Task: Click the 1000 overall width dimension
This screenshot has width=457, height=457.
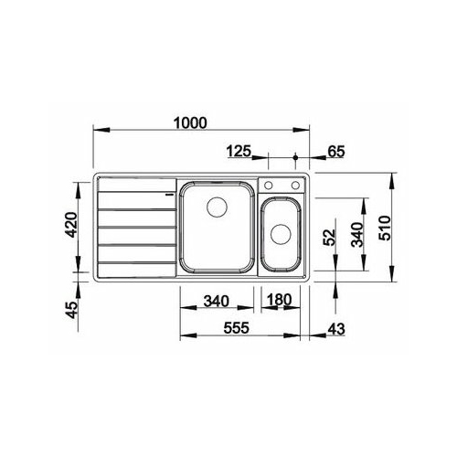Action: [x=190, y=122]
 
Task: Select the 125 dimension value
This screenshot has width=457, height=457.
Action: [x=239, y=151]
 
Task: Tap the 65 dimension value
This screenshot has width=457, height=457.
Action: [x=336, y=152]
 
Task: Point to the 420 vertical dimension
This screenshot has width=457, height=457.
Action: [x=72, y=225]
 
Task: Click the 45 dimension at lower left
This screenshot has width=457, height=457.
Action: [x=72, y=310]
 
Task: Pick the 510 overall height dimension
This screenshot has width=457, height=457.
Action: [x=385, y=228]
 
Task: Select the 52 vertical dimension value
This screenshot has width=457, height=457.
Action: [x=329, y=237]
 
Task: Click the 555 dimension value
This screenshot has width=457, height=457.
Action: [x=237, y=328]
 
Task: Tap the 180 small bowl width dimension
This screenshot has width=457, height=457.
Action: [x=280, y=300]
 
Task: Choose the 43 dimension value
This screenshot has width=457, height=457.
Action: [x=336, y=329]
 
